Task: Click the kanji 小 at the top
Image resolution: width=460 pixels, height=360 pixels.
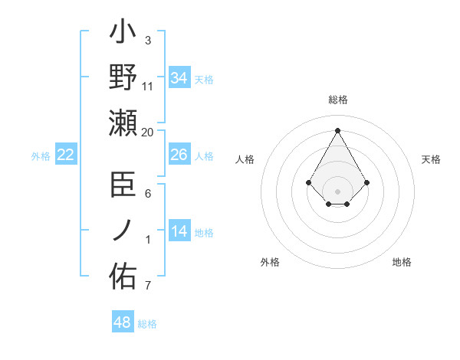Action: (123, 34)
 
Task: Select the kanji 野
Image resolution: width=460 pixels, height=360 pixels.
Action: (123, 78)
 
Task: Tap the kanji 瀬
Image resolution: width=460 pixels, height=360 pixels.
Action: (123, 122)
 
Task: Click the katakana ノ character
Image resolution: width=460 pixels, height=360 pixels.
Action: (123, 230)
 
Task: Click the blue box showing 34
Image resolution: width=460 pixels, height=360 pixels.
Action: (179, 77)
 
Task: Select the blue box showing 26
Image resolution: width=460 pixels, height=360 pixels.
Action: (179, 155)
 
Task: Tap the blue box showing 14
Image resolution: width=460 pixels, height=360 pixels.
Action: (179, 231)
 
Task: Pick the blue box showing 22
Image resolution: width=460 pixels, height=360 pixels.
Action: (66, 155)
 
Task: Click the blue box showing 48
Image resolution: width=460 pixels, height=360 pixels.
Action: (123, 322)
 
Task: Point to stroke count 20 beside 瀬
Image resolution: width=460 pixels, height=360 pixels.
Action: (148, 133)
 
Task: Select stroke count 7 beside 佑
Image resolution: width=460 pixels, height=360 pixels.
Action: (148, 286)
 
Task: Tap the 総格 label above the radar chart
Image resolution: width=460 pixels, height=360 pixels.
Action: (338, 100)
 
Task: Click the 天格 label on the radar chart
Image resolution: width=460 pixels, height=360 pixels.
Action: (432, 159)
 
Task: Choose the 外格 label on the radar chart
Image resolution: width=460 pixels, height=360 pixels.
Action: (270, 262)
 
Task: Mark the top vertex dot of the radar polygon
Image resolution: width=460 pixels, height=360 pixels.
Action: (338, 129)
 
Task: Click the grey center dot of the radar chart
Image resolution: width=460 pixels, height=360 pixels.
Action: (338, 191)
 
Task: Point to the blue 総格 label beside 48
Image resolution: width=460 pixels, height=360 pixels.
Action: (147, 324)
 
